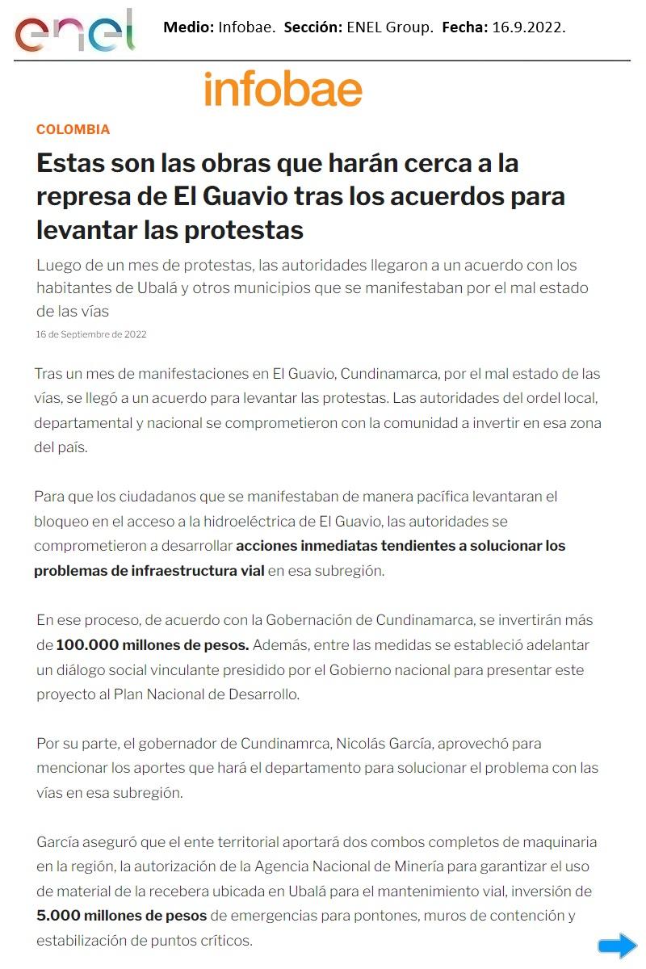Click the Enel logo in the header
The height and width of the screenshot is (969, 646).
(x=74, y=31)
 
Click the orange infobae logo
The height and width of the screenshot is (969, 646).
(x=283, y=89)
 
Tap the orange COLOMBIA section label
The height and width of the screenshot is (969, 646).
(x=73, y=129)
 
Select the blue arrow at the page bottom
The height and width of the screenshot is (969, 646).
(x=618, y=946)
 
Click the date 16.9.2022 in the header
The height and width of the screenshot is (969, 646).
(x=528, y=27)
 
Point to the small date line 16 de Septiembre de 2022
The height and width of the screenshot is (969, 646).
(x=91, y=334)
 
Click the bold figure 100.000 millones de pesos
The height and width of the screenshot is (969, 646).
(x=153, y=645)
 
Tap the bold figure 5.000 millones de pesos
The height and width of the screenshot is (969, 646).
(x=122, y=916)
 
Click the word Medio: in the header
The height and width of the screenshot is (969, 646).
(x=188, y=27)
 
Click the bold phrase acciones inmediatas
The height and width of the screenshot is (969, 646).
(x=307, y=546)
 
